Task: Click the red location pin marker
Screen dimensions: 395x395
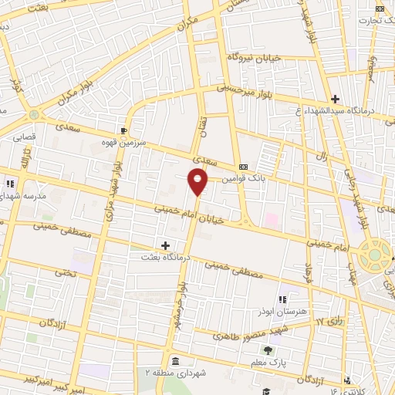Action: [198, 182]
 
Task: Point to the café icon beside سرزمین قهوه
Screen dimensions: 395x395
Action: [124, 130]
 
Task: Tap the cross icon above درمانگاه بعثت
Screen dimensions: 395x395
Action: [165, 245]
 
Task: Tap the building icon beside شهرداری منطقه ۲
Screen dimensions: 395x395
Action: [176, 362]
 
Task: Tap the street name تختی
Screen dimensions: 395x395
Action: [64, 273]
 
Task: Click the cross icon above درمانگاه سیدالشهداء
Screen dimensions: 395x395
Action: [335, 99]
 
